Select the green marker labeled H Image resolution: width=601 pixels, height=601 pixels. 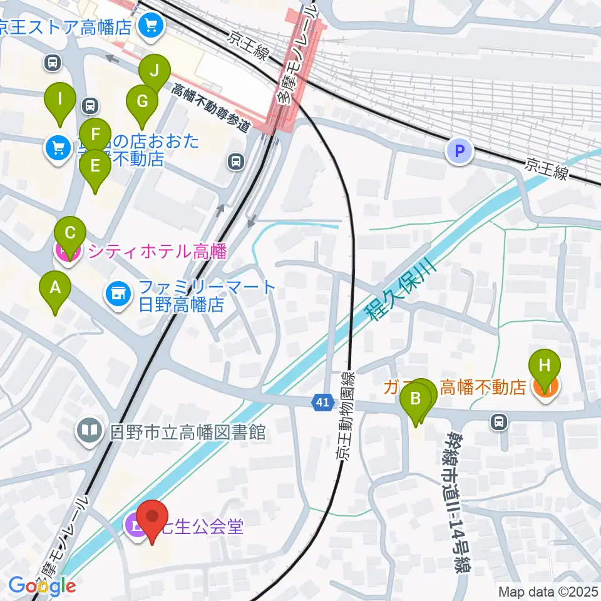coord(545,366)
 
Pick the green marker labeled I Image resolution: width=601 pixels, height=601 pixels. coord(60,100)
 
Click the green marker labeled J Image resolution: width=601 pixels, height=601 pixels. coord(153,71)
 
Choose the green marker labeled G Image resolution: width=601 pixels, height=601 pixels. coord(141,101)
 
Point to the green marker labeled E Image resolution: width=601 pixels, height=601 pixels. coord(95,167)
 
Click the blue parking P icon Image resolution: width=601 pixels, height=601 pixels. coord(460,152)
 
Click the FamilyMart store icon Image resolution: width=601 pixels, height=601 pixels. coord(117,291)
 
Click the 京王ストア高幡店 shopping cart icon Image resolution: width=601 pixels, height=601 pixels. coord(150,26)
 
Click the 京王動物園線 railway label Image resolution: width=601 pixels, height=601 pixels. coord(345,416)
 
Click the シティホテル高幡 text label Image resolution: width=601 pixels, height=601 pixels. coord(157,252)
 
